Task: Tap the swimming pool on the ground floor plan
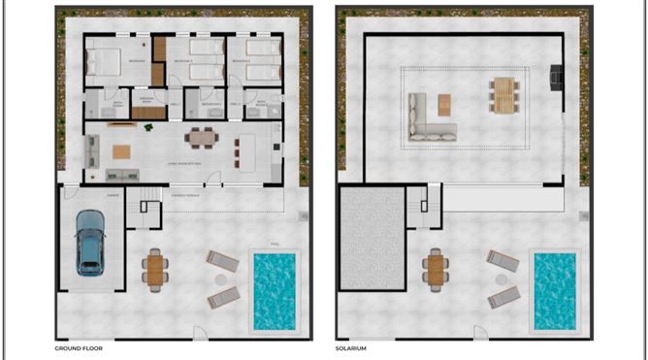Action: (274, 289)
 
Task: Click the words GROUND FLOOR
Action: (79, 346)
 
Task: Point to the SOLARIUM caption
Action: (354, 346)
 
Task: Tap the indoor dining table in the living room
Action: (202, 137)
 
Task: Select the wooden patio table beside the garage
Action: (155, 269)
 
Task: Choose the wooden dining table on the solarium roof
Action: (502, 95)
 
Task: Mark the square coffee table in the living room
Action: (121, 151)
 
